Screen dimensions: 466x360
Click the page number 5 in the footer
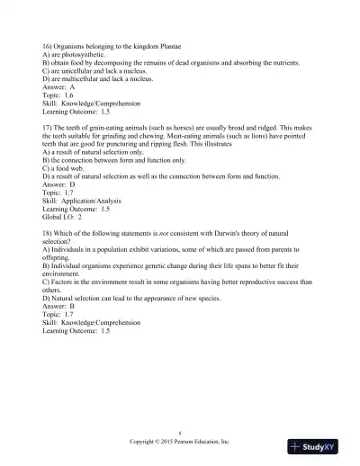tap(180, 434)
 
